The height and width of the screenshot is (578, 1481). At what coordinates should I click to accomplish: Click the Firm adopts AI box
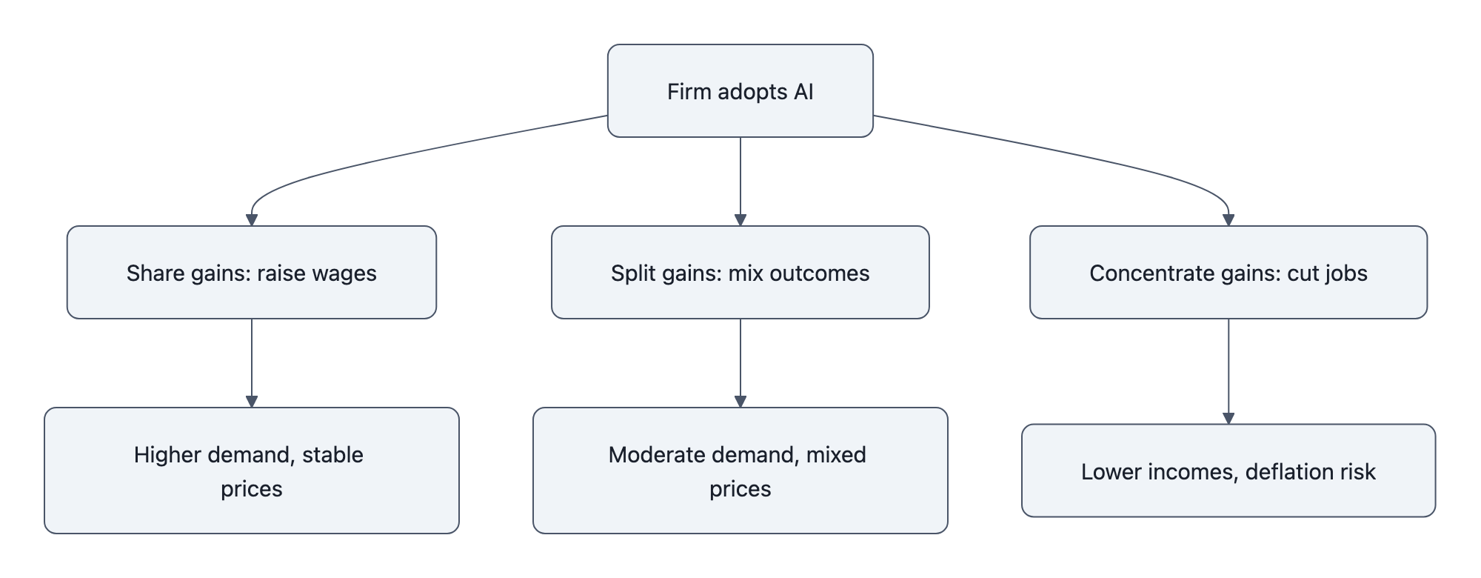coord(740,90)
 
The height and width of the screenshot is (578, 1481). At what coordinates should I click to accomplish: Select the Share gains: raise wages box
coord(251,272)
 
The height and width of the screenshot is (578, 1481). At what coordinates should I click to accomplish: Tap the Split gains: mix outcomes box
coord(740,272)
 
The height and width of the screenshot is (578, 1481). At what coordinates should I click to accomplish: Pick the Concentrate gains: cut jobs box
coord(1228,272)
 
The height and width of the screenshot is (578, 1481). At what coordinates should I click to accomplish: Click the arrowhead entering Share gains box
coord(251,220)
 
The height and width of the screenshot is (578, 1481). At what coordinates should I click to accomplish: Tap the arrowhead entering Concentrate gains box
coord(1228,220)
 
